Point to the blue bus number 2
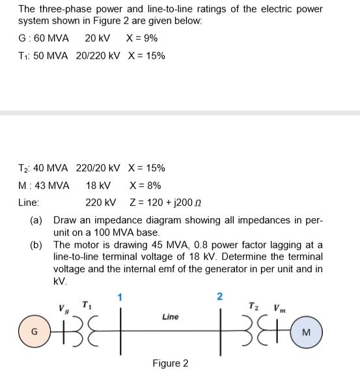click(219, 297)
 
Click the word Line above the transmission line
click(170, 317)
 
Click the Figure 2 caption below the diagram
click(170, 363)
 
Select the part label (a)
click(37, 220)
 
